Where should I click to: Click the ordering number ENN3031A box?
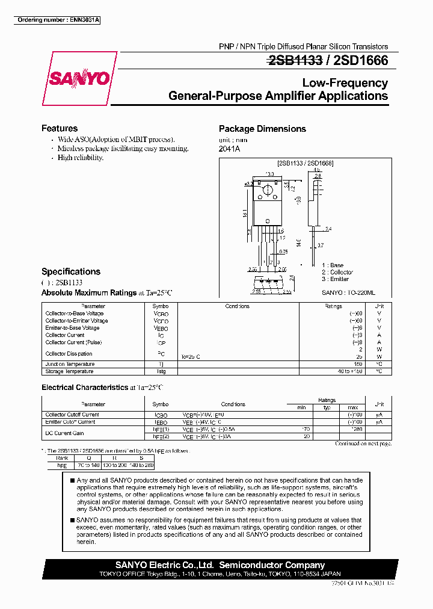pos(58,20)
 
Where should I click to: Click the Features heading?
pos(60,128)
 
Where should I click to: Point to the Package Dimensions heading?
pos(262,129)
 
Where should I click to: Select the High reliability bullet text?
pos(81,158)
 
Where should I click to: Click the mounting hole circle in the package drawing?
pos(266,190)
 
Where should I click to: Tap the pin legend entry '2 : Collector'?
pos(337,272)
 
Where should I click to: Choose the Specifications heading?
pos(71,271)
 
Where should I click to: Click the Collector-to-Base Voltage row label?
pos(75,314)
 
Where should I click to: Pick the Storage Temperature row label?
pos(69,371)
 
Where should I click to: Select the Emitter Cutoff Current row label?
pos(70,422)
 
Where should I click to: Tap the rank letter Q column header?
pos(88,457)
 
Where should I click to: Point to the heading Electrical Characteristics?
pos(85,388)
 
